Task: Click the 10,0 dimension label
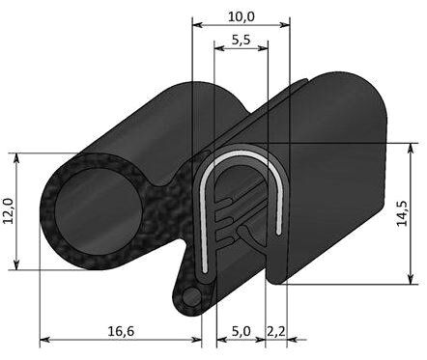(241, 15)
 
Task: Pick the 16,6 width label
(121, 331)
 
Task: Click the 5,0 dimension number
(242, 331)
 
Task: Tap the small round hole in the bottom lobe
(191, 294)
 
